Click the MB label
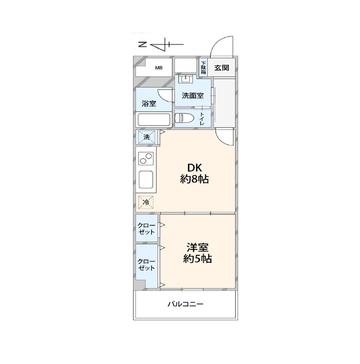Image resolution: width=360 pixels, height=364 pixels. [x=159, y=68]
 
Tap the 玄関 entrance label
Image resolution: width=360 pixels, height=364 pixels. [x=221, y=68]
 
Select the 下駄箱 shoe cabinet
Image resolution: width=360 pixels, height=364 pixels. [x=203, y=67]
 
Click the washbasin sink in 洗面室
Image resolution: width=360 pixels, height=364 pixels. [x=185, y=79]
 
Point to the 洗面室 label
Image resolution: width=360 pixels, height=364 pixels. [x=193, y=96]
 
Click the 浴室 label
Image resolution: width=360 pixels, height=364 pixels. [x=149, y=103]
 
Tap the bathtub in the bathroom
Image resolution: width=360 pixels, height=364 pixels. [x=154, y=120]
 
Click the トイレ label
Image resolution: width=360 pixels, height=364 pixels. [x=202, y=118]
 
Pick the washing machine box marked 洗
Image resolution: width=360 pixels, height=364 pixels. [x=147, y=137]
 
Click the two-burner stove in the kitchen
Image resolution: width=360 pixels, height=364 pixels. [x=146, y=158]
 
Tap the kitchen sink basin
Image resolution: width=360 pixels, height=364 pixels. [x=146, y=180]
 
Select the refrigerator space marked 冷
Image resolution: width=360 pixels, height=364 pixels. [x=146, y=202]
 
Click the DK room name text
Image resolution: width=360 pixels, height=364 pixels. [x=195, y=167]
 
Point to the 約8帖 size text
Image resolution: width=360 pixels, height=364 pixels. [x=195, y=179]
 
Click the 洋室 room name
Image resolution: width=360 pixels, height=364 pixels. [x=198, y=248]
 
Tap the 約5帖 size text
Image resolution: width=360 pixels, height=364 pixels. [x=198, y=258]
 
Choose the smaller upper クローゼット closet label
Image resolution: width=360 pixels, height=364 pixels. [x=146, y=229]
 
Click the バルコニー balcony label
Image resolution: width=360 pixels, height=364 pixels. [x=185, y=304]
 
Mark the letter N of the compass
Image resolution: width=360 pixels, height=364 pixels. [x=142, y=44]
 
